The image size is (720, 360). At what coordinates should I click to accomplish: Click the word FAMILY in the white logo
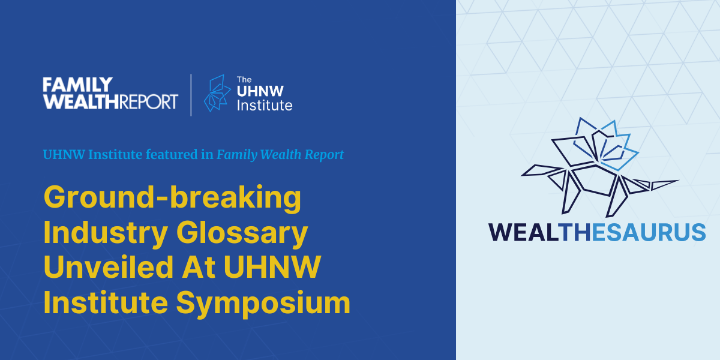pos(78,85)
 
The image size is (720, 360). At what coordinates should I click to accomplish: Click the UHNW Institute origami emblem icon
pos(217,94)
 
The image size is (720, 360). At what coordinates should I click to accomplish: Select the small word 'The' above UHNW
pos(244,80)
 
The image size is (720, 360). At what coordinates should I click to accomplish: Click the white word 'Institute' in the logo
pos(265,106)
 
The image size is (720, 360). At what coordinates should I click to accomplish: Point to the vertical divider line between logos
pos(191,95)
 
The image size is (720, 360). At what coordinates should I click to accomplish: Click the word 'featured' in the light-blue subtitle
pos(172,155)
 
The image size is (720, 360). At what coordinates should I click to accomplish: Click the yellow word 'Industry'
pos(106,233)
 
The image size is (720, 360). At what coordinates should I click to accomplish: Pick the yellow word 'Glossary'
pos(242,233)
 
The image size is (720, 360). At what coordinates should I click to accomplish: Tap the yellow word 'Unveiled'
pos(109,267)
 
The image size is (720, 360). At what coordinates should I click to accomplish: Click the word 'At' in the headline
pos(199,267)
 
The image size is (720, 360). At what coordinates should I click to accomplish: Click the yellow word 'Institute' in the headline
pos(106,302)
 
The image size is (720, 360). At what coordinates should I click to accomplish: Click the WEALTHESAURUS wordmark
pos(597,232)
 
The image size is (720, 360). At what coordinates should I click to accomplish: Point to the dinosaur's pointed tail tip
pos(678,181)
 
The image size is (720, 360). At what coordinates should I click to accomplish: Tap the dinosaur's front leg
pos(571,193)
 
